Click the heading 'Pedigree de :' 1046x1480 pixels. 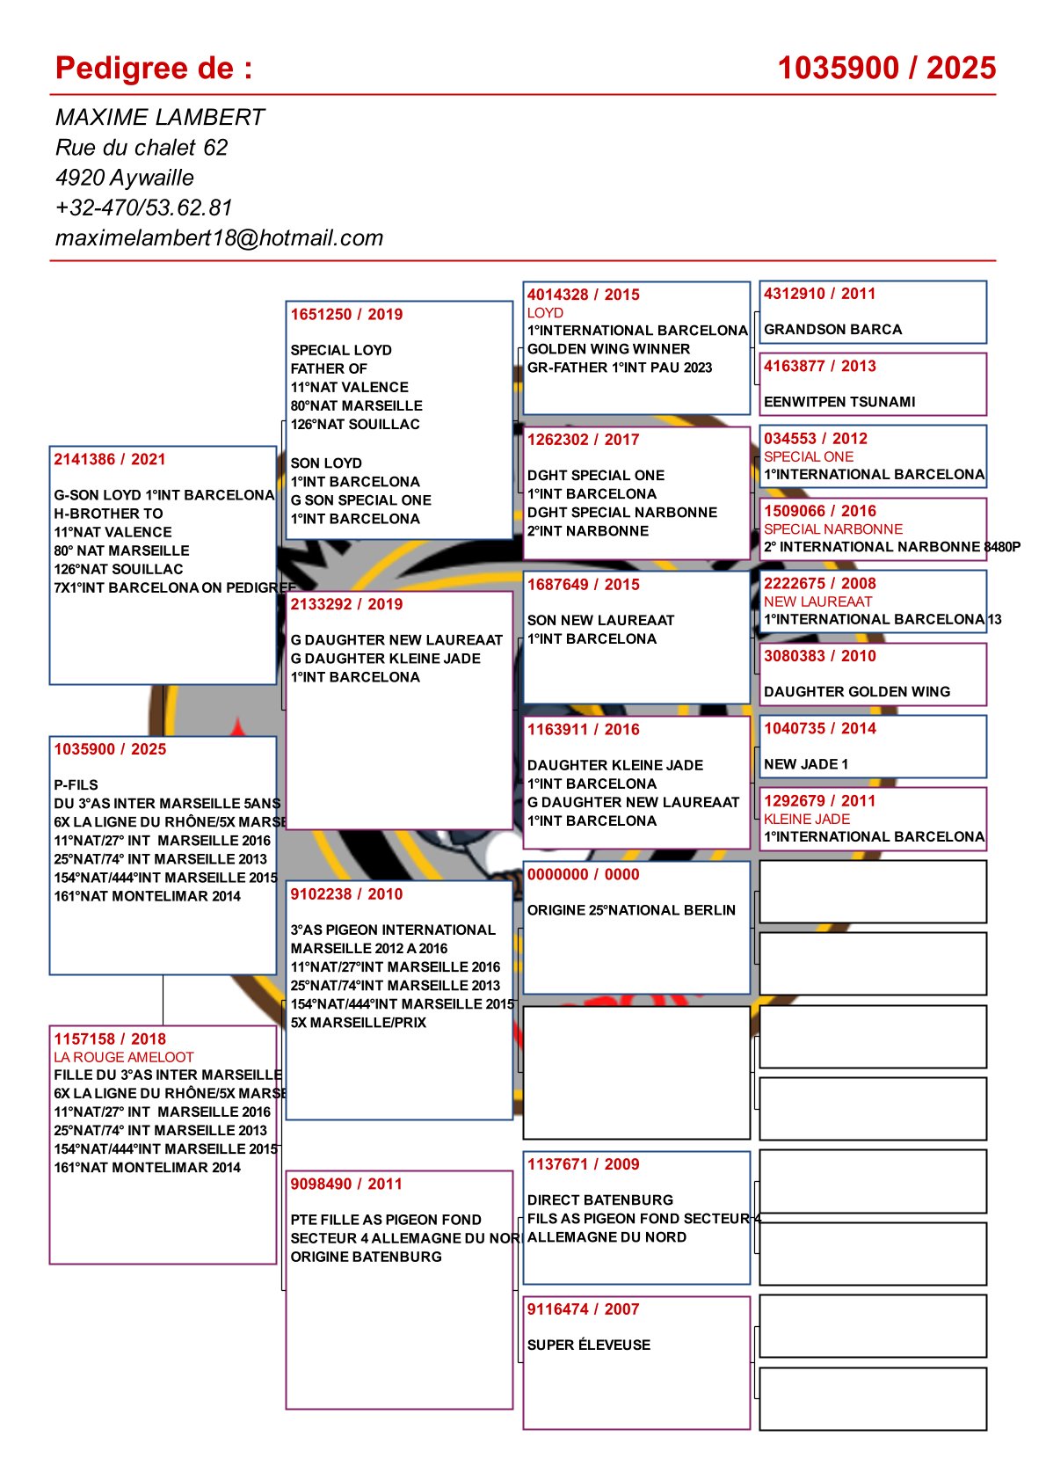(154, 69)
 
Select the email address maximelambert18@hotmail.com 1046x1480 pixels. (219, 237)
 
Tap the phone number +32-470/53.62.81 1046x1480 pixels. (143, 208)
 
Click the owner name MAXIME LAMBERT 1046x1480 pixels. (159, 117)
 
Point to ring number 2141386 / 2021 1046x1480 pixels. (109, 459)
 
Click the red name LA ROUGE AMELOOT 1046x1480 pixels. (123, 1057)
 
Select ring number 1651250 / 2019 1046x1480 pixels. (346, 314)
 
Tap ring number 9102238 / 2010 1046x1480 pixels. (346, 893)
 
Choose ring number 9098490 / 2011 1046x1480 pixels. (346, 1184)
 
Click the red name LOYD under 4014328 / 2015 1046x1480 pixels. (545, 313)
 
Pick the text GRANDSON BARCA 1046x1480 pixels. (832, 330)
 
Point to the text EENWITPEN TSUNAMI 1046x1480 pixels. (839, 402)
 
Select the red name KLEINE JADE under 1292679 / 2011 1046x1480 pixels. (807, 819)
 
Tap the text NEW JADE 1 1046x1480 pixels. (806, 764)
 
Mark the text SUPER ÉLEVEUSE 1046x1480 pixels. (589, 1345)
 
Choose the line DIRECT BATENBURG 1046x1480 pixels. (600, 1199)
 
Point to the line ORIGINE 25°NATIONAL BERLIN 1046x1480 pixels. (631, 910)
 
